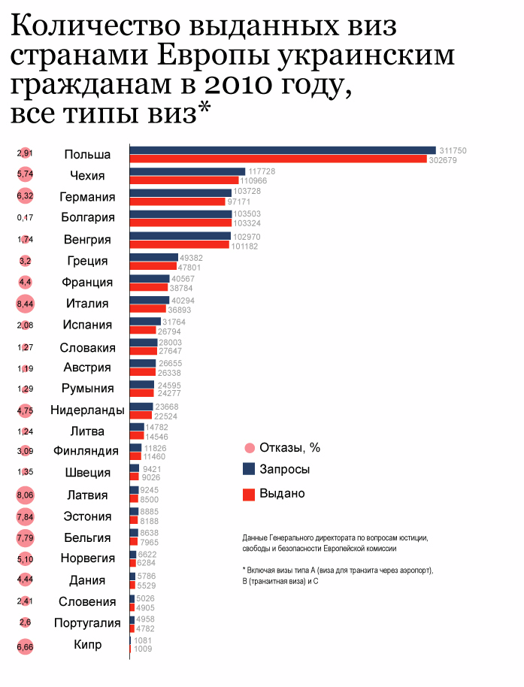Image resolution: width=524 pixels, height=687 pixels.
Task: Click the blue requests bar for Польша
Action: point(283,150)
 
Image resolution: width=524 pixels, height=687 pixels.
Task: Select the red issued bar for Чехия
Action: point(184,180)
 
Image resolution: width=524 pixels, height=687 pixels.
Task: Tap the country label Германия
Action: point(87,197)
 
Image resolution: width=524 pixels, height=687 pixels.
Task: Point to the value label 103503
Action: point(248,214)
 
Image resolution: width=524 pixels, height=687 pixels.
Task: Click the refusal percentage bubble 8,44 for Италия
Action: point(26,304)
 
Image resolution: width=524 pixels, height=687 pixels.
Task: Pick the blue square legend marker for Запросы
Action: point(249,469)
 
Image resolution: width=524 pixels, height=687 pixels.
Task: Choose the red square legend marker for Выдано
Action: point(249,494)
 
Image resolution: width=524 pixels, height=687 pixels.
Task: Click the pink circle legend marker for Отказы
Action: point(249,448)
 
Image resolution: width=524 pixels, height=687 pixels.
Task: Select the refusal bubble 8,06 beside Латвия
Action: point(26,495)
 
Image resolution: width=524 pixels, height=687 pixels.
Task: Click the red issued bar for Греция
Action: point(153,266)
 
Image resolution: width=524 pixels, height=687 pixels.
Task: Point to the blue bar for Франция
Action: point(150,278)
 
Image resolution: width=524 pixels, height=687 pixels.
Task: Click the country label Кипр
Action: point(87,644)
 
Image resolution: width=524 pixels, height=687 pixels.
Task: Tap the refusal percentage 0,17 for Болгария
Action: point(26,218)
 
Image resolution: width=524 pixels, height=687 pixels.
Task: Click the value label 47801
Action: point(191,267)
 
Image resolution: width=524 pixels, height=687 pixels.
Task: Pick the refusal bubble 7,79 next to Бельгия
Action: point(26,537)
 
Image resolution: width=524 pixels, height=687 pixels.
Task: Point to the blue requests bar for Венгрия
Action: point(180,236)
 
